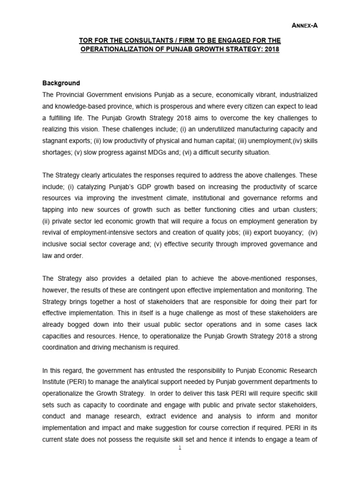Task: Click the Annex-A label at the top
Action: [x=305, y=26]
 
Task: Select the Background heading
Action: [x=61, y=83]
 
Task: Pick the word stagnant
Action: [x=56, y=141]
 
